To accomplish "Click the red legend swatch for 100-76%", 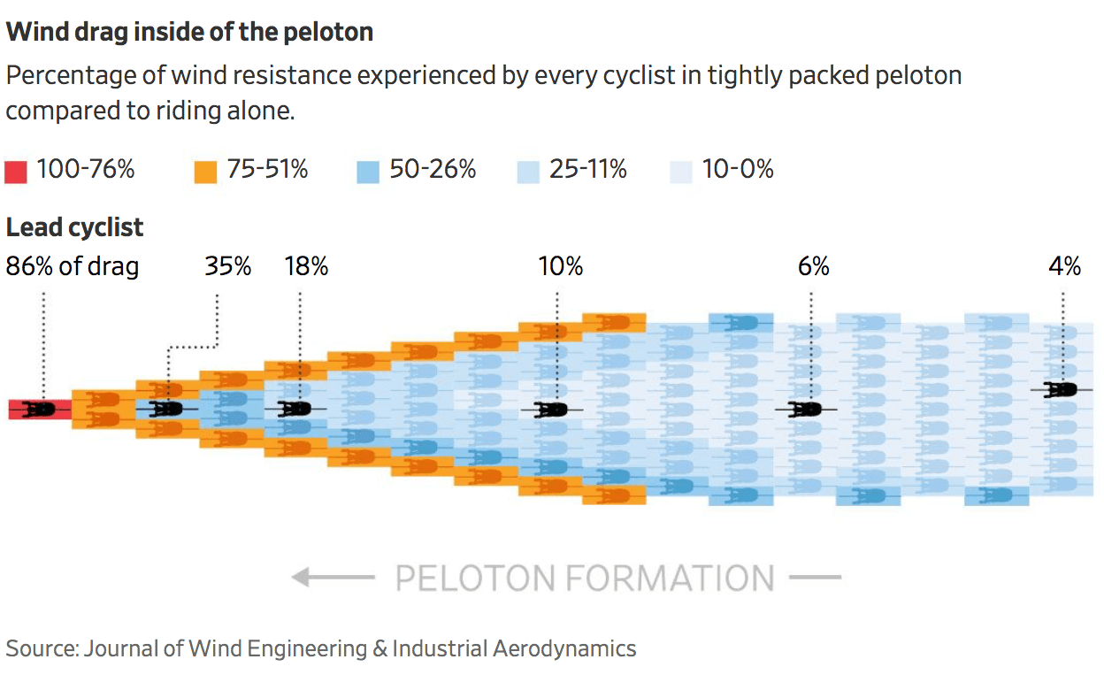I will [16, 171].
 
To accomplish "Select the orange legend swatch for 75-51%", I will [205, 171].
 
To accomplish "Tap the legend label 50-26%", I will [433, 169].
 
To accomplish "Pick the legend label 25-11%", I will [587, 169].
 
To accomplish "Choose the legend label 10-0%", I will [738, 169].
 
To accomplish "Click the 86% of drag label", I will [73, 266].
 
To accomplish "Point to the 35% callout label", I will [228, 266].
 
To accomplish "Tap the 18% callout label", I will [306, 266].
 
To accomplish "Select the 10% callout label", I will [561, 266].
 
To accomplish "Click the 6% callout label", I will [813, 266].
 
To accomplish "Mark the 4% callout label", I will [1065, 266].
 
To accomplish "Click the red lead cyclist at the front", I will [39, 409].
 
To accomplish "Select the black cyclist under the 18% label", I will [295, 409].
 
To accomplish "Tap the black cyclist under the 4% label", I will [1061, 389].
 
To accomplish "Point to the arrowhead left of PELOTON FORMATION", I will [302, 579].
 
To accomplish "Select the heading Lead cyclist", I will [74, 227].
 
